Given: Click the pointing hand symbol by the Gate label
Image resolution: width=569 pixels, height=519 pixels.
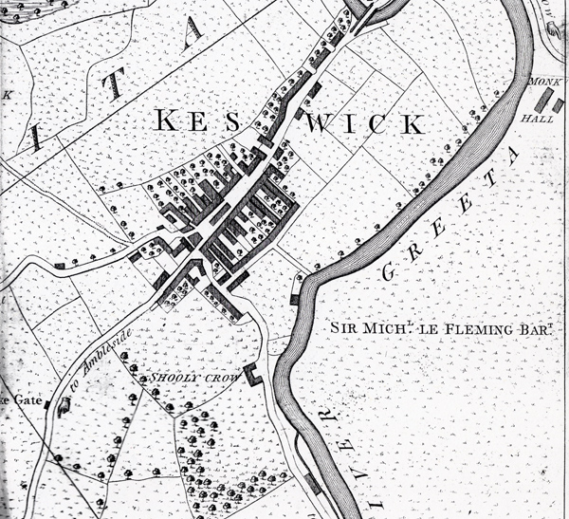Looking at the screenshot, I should click(x=64, y=406).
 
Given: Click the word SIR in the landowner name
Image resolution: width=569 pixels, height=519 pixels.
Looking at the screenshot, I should click(x=344, y=328).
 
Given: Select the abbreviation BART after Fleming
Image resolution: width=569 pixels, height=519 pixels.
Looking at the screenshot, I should click(x=537, y=327).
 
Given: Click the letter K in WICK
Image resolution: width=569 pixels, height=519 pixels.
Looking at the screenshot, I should click(x=410, y=123).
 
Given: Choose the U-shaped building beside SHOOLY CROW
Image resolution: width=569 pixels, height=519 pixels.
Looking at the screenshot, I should click(x=252, y=374).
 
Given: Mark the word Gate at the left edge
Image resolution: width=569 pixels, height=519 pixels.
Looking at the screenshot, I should click(x=20, y=400).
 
